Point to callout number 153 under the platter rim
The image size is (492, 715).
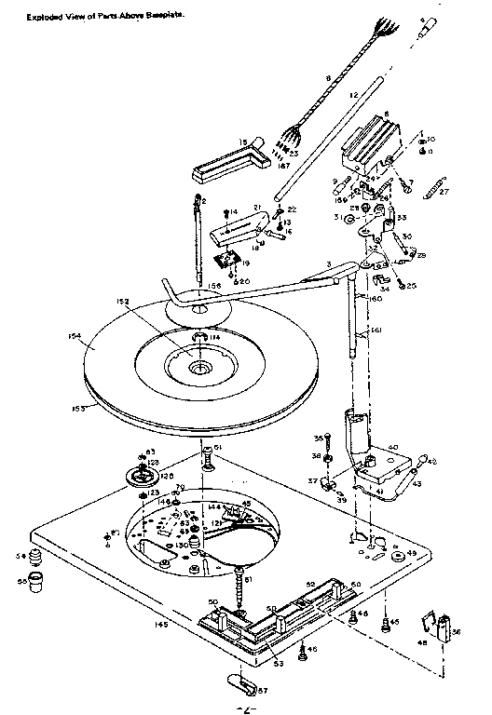point(78,408)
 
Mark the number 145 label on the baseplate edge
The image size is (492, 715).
point(162,625)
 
